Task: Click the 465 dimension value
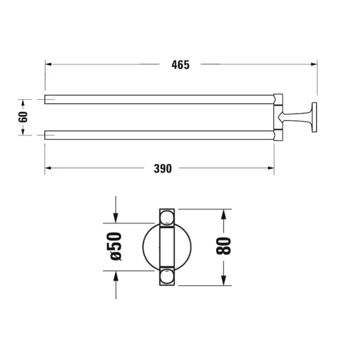[x=180, y=65]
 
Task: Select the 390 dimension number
[x=163, y=169]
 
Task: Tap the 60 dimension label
[x=23, y=117]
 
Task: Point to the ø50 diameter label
[x=114, y=246]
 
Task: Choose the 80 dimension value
[x=223, y=246]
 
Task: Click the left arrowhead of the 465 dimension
[x=48, y=64]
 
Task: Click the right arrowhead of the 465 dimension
[x=314, y=64]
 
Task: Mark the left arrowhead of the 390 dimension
[x=48, y=168]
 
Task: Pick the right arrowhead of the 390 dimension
[x=271, y=168]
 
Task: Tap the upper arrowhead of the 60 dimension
[x=23, y=103]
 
